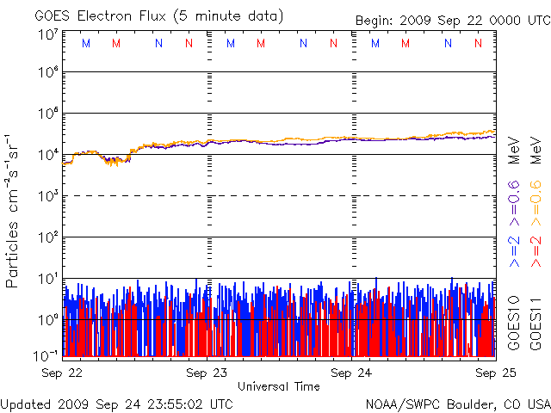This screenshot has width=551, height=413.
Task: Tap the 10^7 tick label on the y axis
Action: (48, 34)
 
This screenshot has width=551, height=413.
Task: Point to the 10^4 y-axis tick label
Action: (48, 155)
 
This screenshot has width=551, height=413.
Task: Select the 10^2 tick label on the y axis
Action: (48, 237)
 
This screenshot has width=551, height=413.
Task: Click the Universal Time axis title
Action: (279, 386)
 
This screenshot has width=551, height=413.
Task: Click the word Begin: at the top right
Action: (375, 21)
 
